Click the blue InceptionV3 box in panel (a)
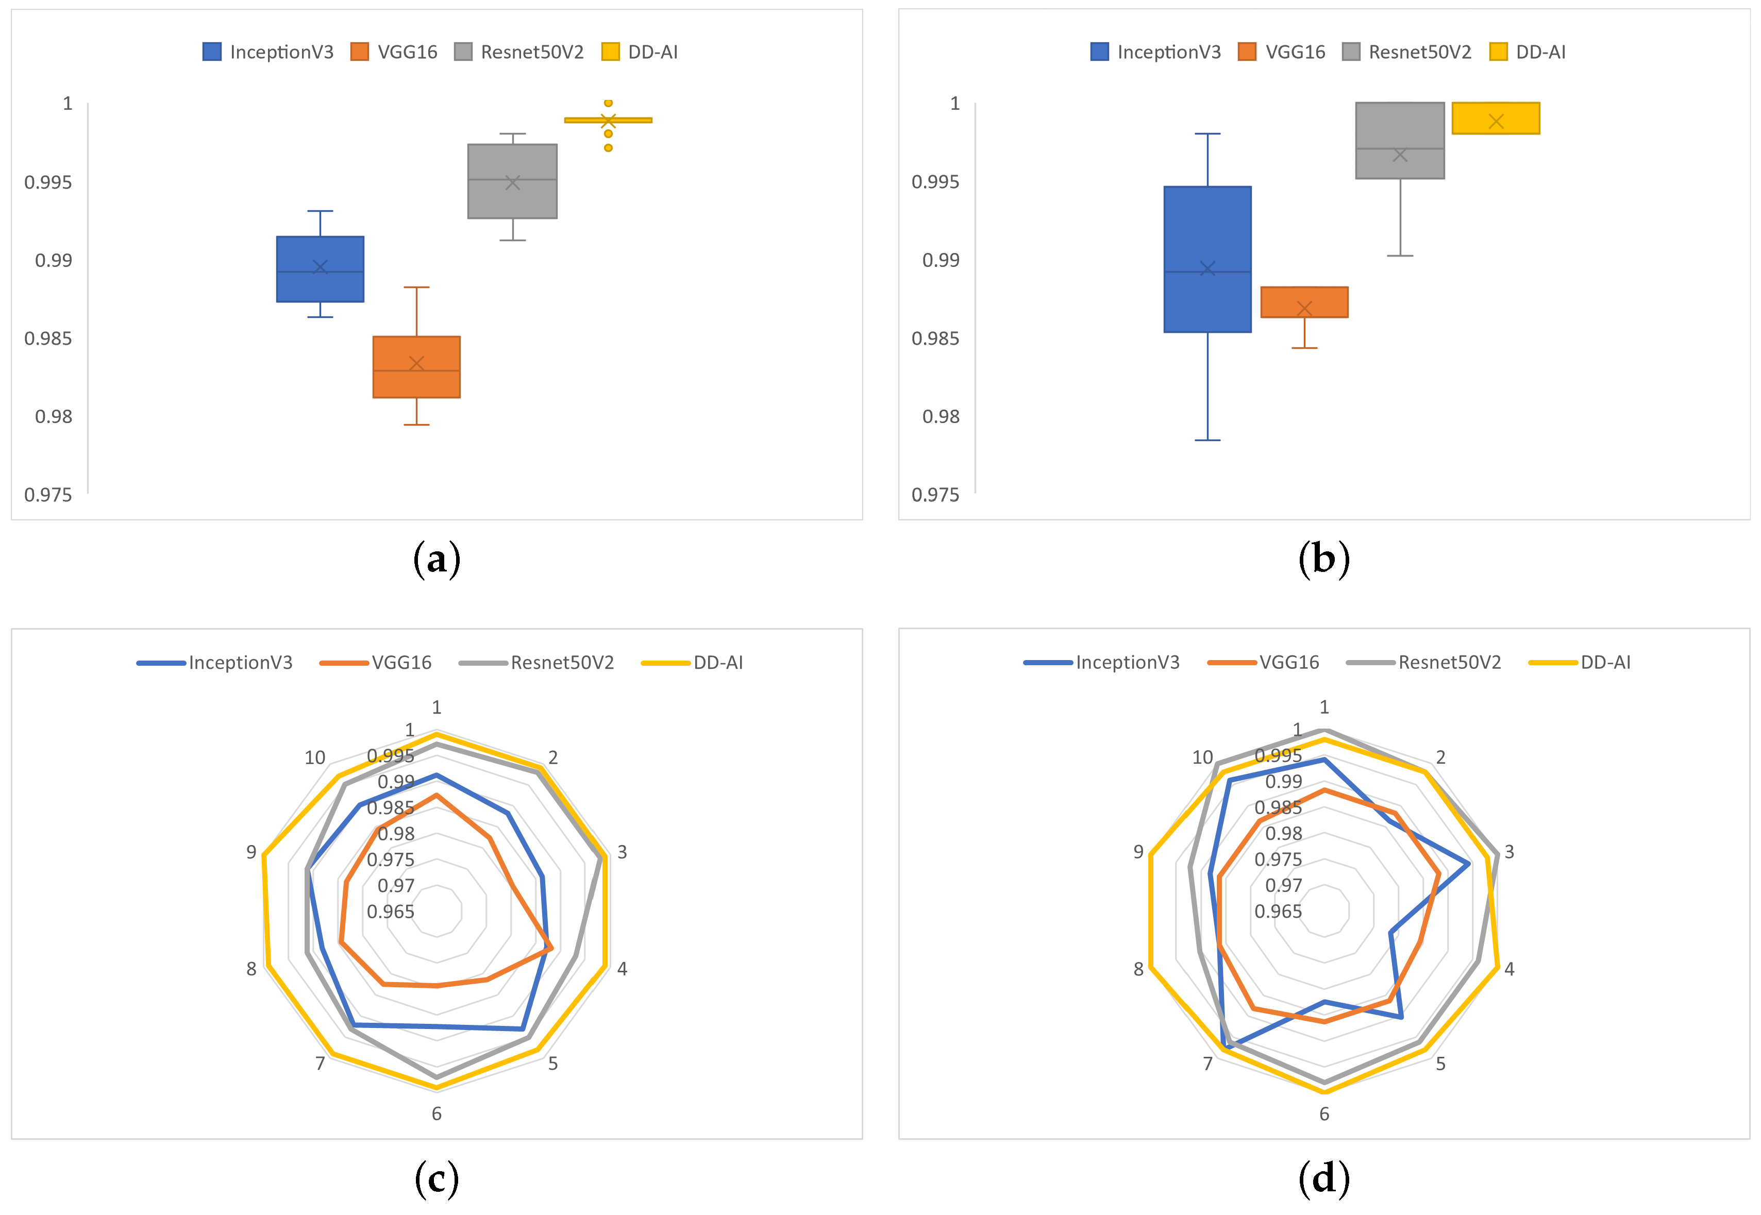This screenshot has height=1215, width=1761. pos(320,269)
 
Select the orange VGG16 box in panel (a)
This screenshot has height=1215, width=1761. pos(416,366)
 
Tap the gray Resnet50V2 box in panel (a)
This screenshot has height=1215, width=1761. pos(512,181)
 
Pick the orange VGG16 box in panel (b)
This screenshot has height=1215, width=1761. pos(1304,302)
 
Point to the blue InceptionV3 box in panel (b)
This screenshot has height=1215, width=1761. pos(1207,259)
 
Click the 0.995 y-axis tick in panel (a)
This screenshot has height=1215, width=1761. pos(48,182)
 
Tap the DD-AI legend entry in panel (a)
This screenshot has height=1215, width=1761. pos(640,52)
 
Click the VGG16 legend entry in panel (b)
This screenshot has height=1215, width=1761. pos(1282,52)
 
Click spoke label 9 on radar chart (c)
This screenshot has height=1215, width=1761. pos(251,852)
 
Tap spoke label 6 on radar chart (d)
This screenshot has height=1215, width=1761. pos(1324,1114)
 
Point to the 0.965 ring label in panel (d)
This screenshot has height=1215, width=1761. pos(1278,911)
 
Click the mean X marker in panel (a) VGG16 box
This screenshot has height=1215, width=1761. pos(416,363)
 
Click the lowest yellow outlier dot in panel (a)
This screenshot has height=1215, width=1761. pos(608,148)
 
